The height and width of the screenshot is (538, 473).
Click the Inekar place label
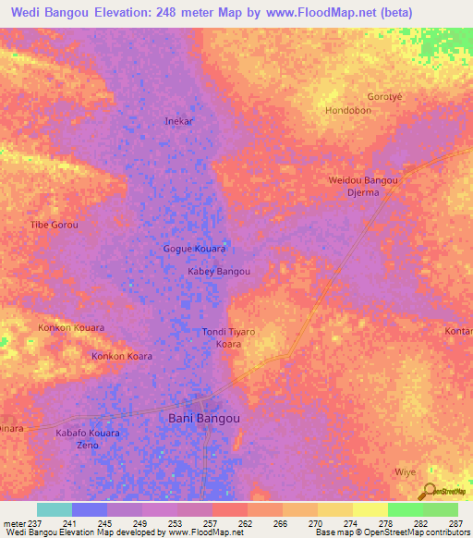click(178, 121)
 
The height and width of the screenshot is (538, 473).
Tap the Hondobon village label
click(348, 110)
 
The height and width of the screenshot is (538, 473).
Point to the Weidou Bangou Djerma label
click(363, 186)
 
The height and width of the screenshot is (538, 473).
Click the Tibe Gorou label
click(55, 225)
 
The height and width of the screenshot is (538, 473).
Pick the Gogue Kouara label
click(194, 250)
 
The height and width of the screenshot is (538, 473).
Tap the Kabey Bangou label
click(219, 272)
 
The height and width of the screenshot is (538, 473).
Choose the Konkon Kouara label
click(70, 328)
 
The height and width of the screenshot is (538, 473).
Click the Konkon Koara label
click(121, 356)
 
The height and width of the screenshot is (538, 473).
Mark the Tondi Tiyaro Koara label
click(228, 337)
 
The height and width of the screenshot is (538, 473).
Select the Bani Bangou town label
click(204, 419)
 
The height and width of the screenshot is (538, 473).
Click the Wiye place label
click(406, 472)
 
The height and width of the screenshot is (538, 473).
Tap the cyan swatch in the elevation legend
click(55, 509)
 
